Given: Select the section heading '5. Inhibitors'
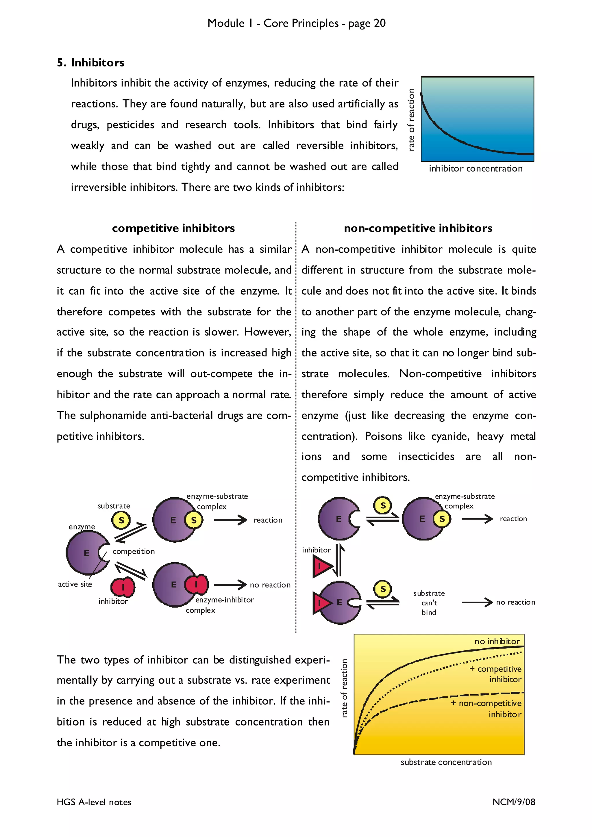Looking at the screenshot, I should click(x=90, y=63).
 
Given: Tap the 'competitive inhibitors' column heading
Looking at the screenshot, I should click(x=173, y=228).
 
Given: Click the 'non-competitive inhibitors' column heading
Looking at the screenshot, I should click(x=418, y=228).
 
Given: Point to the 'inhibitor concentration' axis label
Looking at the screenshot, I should click(x=475, y=169).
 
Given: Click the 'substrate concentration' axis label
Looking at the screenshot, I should click(x=446, y=762).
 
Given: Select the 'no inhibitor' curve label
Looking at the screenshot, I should click(x=497, y=641).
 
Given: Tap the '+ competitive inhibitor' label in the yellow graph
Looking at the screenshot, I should click(x=496, y=674).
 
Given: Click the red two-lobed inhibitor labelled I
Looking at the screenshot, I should click(x=123, y=587).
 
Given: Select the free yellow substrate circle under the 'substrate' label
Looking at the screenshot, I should click(x=121, y=520).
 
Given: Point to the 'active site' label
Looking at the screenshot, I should click(x=75, y=584).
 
